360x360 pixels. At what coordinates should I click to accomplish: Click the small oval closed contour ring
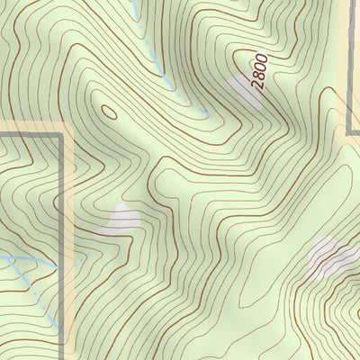(110, 112)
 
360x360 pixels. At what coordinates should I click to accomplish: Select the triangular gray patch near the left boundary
(121, 220)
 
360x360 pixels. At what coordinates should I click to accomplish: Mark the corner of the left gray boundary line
(63, 135)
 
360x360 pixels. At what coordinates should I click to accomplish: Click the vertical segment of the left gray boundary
(63, 234)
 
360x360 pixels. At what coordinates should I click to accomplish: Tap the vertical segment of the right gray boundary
(349, 63)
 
